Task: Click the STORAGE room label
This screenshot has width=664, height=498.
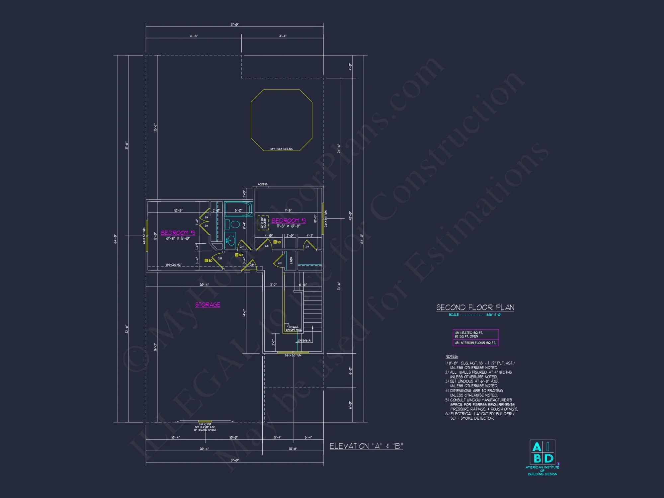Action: tap(207, 304)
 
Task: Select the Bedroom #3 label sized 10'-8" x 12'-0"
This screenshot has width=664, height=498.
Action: tap(178, 233)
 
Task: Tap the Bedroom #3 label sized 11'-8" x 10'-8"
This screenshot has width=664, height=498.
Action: tap(289, 221)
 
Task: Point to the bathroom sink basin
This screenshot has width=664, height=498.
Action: tap(230, 240)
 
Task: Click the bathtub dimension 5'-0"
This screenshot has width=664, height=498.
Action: tap(238, 210)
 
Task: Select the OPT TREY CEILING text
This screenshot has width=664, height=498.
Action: tap(282, 149)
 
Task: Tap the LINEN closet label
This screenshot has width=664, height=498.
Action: tap(291, 261)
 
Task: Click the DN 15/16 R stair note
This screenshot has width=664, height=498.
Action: tap(304, 341)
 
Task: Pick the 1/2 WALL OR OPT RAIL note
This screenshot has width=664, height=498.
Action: tap(293, 328)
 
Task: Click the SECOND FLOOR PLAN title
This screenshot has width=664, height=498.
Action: tap(475, 307)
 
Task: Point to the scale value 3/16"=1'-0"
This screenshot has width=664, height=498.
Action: tap(494, 315)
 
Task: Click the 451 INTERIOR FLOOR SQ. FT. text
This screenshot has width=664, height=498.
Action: tap(475, 343)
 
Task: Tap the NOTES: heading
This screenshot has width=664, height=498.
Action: tap(452, 356)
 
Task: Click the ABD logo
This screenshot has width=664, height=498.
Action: tap(542, 452)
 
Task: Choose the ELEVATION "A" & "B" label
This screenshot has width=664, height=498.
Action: tap(366, 446)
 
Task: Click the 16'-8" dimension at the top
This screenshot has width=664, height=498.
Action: tap(194, 36)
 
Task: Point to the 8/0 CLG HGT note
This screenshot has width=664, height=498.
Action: tap(174, 265)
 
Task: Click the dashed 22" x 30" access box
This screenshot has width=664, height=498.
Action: tap(263, 223)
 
